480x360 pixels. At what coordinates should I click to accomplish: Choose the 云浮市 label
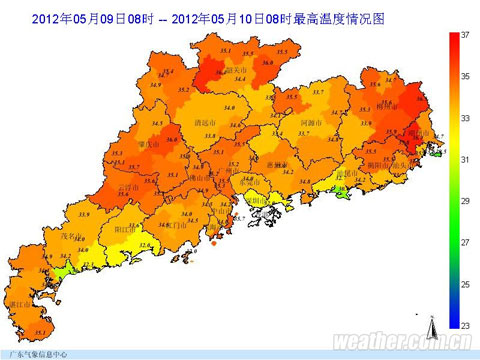(128, 186)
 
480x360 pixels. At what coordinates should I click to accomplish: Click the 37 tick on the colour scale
(464, 34)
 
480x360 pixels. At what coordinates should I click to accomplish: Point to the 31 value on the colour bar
(464, 159)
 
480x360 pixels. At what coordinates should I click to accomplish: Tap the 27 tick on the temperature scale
(464, 242)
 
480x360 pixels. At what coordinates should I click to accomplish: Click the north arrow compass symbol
(429, 325)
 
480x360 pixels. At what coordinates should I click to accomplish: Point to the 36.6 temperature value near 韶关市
(213, 73)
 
